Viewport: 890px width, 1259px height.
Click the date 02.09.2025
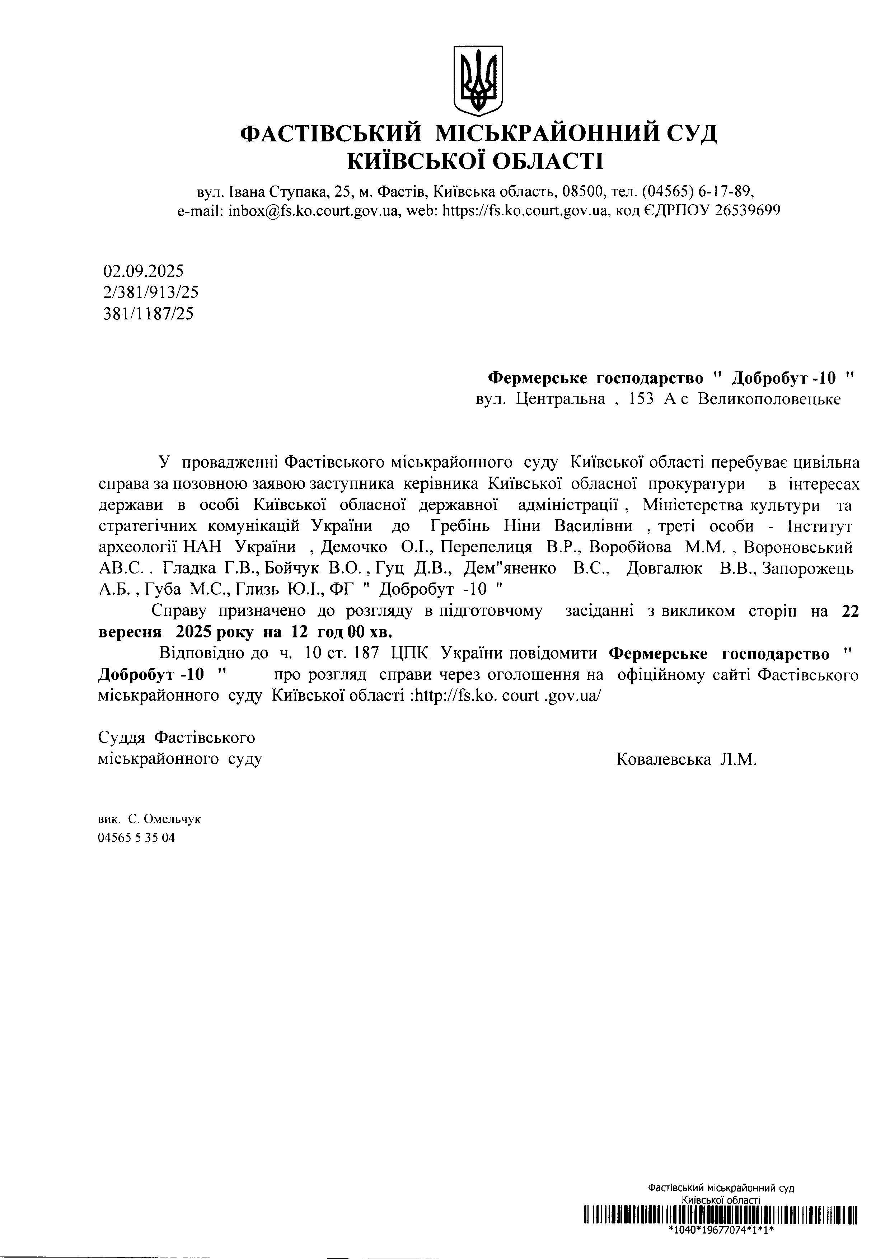(143, 271)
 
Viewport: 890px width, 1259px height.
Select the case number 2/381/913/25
(150, 292)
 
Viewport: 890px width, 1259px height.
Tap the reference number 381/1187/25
(148, 314)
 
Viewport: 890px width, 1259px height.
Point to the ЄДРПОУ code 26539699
(747, 211)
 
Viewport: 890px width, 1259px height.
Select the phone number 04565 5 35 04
(136, 838)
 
